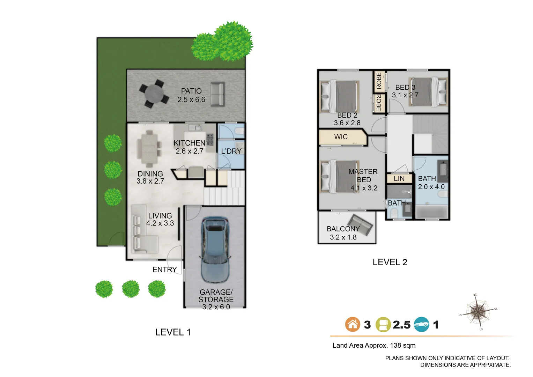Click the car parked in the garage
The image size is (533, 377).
pos(215,250)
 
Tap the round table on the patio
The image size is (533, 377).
pos(154,94)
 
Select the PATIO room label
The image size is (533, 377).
pos(191,91)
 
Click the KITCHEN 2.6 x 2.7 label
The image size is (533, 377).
pos(190,147)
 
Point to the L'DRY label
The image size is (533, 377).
pos(231,151)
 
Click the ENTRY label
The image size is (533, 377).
pos(164,269)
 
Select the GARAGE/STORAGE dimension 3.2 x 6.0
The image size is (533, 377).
pos(216,307)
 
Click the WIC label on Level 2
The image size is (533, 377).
pos(341,137)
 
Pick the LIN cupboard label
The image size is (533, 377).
pos(399,179)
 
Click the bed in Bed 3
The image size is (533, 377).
pos(428,92)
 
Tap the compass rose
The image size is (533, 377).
pos(478,311)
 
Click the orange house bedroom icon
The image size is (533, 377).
pos(353,324)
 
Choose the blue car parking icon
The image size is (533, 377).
pos(421,324)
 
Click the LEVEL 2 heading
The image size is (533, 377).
pos(390,262)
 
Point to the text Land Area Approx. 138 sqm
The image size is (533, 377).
pos(373,345)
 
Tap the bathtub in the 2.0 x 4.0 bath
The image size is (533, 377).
pos(431,212)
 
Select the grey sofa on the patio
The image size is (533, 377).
pos(217,95)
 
